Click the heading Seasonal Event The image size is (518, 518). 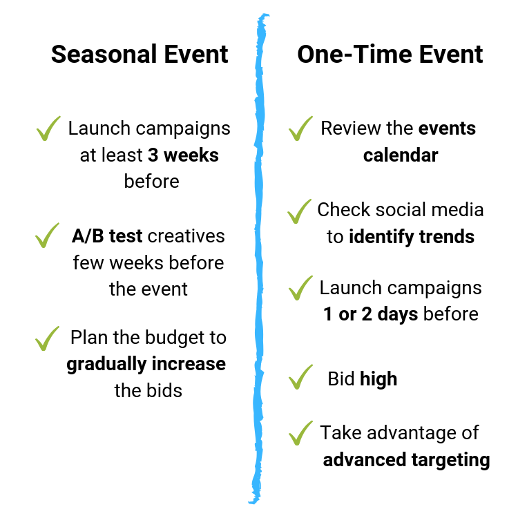coord(140,55)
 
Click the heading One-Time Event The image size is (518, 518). coord(390,55)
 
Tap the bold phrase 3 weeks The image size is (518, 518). coord(183,155)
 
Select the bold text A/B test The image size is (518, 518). coord(107,236)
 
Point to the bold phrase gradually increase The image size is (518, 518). coord(146,363)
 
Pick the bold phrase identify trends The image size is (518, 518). coord(411,237)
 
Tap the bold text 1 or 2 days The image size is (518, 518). coord(371,314)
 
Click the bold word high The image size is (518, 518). coord(378,379)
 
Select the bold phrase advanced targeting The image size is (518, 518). coord(406,459)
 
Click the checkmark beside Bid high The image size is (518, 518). coord(300,378)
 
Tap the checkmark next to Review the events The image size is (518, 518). coord(300,128)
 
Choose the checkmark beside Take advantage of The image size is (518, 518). coord(301,434)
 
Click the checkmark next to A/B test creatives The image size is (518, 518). coord(47,236)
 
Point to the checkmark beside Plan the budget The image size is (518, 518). coord(47,338)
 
